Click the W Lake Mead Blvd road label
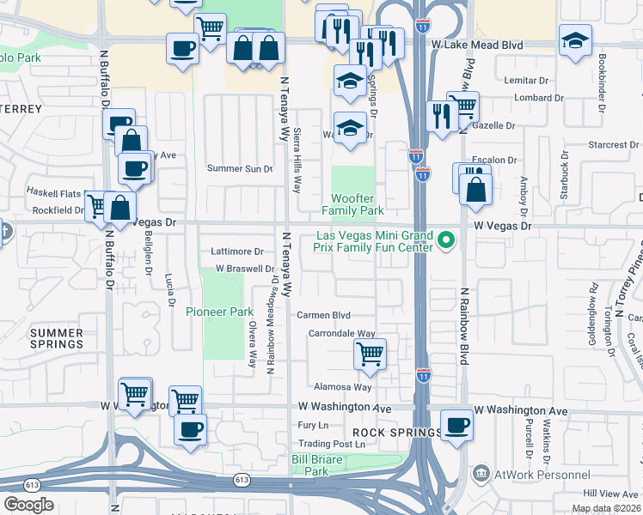[477, 44]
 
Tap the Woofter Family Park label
[352, 204]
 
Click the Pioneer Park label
[220, 312]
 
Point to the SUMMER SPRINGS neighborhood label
[57, 338]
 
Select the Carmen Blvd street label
[324, 315]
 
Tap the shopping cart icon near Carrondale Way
[370, 353]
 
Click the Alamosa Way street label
[343, 387]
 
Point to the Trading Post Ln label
[331, 445]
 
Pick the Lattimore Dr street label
[237, 251]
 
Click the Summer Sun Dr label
[240, 168]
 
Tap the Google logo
[29, 504]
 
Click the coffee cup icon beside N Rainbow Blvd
[456, 424]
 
